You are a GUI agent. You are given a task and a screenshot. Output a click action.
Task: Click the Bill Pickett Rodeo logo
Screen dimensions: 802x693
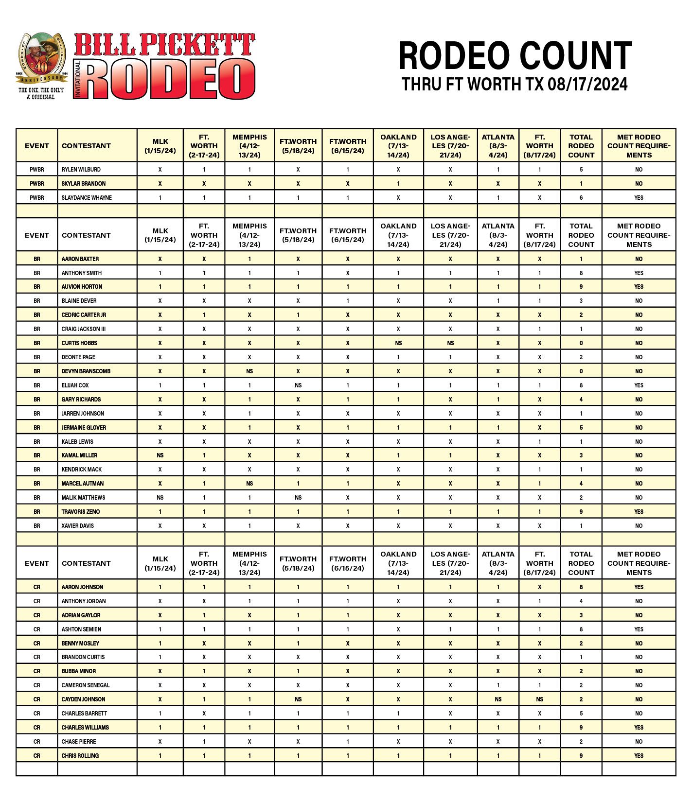click(x=136, y=66)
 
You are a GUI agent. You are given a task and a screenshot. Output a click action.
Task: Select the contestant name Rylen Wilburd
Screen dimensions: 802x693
click(x=81, y=170)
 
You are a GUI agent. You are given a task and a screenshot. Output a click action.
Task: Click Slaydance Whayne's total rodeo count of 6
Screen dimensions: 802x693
click(x=581, y=198)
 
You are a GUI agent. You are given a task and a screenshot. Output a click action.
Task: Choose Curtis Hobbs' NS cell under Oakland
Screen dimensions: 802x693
click(x=398, y=343)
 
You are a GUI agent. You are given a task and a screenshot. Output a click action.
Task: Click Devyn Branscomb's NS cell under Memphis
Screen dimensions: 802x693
click(x=249, y=371)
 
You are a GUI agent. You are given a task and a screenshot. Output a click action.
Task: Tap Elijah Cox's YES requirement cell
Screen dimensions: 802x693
click(x=639, y=385)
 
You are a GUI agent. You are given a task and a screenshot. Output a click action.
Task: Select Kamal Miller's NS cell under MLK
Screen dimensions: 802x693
click(x=160, y=455)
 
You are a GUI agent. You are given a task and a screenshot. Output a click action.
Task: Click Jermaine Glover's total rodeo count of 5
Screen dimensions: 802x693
click(x=581, y=428)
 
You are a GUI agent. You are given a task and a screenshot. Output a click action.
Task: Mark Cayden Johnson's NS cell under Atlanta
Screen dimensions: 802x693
click(x=498, y=699)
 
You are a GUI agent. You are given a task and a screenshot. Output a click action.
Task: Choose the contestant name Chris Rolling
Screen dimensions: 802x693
click(x=80, y=756)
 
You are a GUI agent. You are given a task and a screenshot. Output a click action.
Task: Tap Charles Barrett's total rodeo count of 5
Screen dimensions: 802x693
click(x=581, y=714)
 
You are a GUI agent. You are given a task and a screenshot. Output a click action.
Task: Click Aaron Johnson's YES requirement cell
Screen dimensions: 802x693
click(x=639, y=587)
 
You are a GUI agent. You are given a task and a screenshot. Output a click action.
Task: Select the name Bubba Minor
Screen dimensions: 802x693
click(x=79, y=671)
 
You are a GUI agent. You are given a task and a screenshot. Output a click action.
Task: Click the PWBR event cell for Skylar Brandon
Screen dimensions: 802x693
click(x=37, y=184)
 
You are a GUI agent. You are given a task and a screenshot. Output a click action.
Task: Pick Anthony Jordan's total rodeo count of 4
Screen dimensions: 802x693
click(x=581, y=601)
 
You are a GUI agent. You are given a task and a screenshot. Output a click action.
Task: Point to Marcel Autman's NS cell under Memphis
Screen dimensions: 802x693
click(x=249, y=484)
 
